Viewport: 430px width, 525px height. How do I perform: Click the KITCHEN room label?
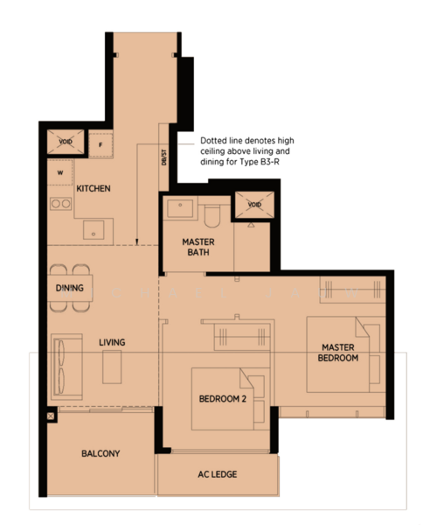(94, 188)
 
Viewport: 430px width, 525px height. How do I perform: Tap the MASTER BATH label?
(198, 247)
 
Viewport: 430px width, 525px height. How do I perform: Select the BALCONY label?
(101, 453)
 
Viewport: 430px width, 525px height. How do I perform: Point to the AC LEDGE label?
(218, 474)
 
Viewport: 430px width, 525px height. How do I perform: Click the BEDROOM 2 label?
(223, 399)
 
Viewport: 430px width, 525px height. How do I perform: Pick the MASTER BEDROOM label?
(338, 353)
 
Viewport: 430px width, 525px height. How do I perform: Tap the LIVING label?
(112, 342)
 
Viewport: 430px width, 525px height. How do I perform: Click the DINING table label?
(70, 288)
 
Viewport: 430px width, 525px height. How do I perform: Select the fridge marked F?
(101, 144)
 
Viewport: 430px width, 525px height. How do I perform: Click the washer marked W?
(60, 172)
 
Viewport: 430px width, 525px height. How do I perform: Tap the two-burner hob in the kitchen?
(61, 204)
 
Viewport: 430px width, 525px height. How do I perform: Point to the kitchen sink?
(94, 229)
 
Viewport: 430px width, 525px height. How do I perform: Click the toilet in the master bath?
(212, 216)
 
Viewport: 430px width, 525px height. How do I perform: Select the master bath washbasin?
(180, 208)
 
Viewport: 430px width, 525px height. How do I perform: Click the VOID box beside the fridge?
(66, 142)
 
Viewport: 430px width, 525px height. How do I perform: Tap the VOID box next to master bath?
(254, 205)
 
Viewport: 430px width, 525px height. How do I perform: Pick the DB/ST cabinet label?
(163, 157)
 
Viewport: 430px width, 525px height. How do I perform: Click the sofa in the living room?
(67, 367)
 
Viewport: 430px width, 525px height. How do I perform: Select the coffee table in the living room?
(112, 367)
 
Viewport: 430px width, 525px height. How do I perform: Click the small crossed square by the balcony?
(51, 416)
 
